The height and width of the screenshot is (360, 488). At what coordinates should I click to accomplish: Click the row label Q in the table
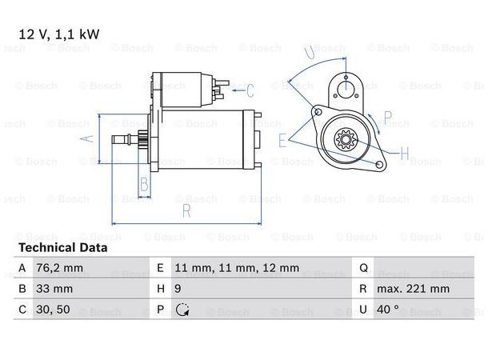click(362, 269)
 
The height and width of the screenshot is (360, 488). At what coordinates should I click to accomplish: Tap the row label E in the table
click(160, 269)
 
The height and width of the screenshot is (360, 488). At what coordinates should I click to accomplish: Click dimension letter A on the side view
click(90, 138)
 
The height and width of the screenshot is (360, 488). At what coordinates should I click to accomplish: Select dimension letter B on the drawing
click(144, 186)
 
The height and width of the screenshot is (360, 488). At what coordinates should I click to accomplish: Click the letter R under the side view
click(185, 210)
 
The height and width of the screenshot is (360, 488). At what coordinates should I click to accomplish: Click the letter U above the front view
click(310, 52)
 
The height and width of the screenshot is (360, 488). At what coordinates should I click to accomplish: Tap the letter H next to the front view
click(404, 154)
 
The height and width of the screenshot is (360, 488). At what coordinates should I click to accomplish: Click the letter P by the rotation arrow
click(387, 118)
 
